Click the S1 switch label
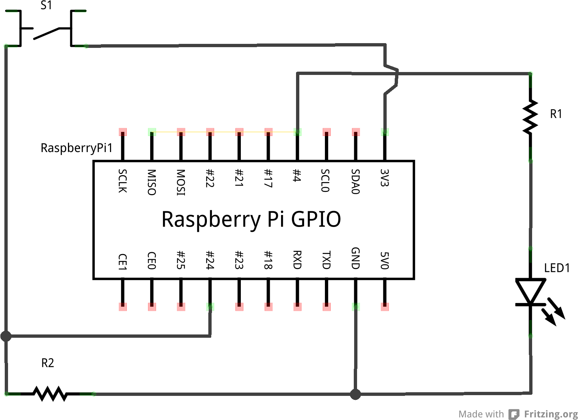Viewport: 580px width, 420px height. (46, 5)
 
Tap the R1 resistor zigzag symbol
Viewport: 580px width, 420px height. (530, 117)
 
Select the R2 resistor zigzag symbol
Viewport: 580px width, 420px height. (50, 394)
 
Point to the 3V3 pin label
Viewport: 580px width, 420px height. (384, 178)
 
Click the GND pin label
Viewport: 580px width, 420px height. (356, 258)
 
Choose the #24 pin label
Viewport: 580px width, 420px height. (210, 260)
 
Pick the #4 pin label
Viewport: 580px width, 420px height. (297, 175)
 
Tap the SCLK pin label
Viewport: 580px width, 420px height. (123, 181)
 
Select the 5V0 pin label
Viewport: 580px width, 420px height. (384, 260)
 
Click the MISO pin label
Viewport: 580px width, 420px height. (152, 182)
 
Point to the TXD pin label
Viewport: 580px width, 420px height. (326, 260)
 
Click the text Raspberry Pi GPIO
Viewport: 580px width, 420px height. (251, 219)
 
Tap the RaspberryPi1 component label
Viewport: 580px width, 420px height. (76, 148)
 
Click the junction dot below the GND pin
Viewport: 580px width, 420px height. (355, 394)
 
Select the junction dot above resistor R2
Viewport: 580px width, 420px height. (6, 336)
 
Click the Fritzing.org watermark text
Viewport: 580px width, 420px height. (551, 414)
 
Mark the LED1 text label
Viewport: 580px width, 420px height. (557, 268)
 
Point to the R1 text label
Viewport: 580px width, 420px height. (556, 114)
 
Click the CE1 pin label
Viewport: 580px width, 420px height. (123, 262)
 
